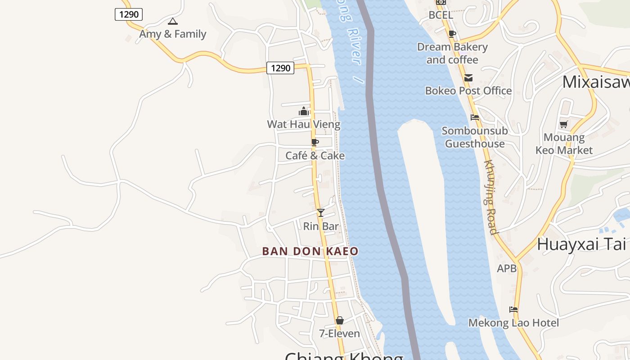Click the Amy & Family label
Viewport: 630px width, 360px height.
[172, 34]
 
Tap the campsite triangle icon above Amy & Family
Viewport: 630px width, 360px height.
[172, 21]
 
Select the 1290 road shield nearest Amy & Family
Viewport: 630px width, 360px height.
[129, 14]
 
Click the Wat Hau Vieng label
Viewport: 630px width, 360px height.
[304, 124]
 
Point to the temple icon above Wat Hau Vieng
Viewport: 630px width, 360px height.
[304, 111]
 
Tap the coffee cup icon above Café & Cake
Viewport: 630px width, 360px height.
[315, 142]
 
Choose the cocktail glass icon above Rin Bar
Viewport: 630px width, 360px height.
[320, 213]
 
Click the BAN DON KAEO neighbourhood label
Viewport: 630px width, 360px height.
[310, 252]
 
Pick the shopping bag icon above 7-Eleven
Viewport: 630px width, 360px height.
[340, 320]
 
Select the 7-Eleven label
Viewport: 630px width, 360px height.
[339, 334]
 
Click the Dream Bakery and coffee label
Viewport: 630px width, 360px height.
[452, 53]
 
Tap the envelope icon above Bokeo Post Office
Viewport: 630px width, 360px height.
[468, 78]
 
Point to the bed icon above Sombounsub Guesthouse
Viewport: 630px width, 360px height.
[475, 117]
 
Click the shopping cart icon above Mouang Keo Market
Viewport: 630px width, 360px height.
[564, 124]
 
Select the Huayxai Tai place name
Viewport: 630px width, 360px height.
[581, 244]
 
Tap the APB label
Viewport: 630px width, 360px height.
[507, 269]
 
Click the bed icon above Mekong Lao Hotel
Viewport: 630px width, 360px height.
[513, 310]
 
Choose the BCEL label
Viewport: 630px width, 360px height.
[441, 15]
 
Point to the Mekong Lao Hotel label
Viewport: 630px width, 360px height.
[513, 323]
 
